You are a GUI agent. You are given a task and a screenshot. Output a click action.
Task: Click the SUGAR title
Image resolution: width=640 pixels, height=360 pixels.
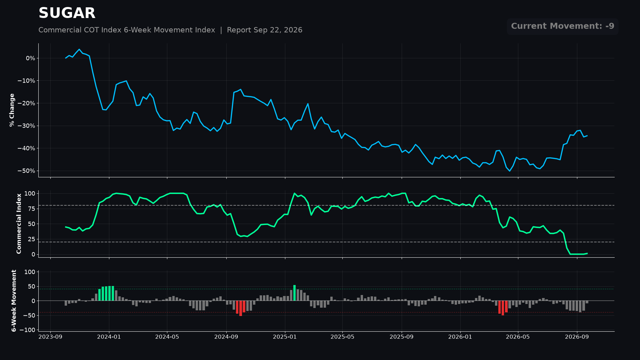[67, 13]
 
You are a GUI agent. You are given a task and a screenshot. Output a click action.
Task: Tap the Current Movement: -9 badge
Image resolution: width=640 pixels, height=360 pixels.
[563, 26]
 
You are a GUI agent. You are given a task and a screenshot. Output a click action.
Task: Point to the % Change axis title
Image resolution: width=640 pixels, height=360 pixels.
[12, 110]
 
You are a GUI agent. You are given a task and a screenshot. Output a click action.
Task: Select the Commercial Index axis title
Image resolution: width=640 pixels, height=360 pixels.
[19, 224]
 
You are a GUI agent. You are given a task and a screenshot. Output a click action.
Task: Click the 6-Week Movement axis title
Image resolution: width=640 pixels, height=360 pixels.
[14, 301]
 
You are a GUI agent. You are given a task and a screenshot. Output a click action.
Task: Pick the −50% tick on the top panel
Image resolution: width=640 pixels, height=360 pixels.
[26, 171]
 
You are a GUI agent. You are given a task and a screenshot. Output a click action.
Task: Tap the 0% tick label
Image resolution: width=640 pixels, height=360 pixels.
[30, 58]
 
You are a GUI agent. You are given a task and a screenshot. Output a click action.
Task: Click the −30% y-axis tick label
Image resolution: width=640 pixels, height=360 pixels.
[26, 126]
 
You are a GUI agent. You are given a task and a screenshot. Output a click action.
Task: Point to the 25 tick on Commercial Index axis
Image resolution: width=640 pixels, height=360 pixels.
[31, 239]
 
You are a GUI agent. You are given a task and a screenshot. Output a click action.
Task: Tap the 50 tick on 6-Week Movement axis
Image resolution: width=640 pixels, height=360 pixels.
[31, 287]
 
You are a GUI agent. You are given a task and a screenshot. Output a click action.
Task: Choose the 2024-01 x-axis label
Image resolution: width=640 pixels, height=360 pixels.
[109, 337]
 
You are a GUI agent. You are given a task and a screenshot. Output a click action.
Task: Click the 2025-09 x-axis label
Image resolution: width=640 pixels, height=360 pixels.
[402, 337]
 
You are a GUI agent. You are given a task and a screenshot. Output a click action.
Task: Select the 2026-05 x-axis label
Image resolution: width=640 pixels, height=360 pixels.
[518, 337]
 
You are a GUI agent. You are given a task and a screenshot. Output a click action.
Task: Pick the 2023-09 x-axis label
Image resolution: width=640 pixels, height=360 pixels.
[51, 337]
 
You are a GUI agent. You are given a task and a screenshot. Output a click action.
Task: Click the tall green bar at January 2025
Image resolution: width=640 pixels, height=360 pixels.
[294, 293]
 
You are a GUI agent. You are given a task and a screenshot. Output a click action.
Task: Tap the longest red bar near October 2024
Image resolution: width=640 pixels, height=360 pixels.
[241, 308]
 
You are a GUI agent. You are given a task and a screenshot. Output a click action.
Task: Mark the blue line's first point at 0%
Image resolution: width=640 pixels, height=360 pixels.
[66, 58]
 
